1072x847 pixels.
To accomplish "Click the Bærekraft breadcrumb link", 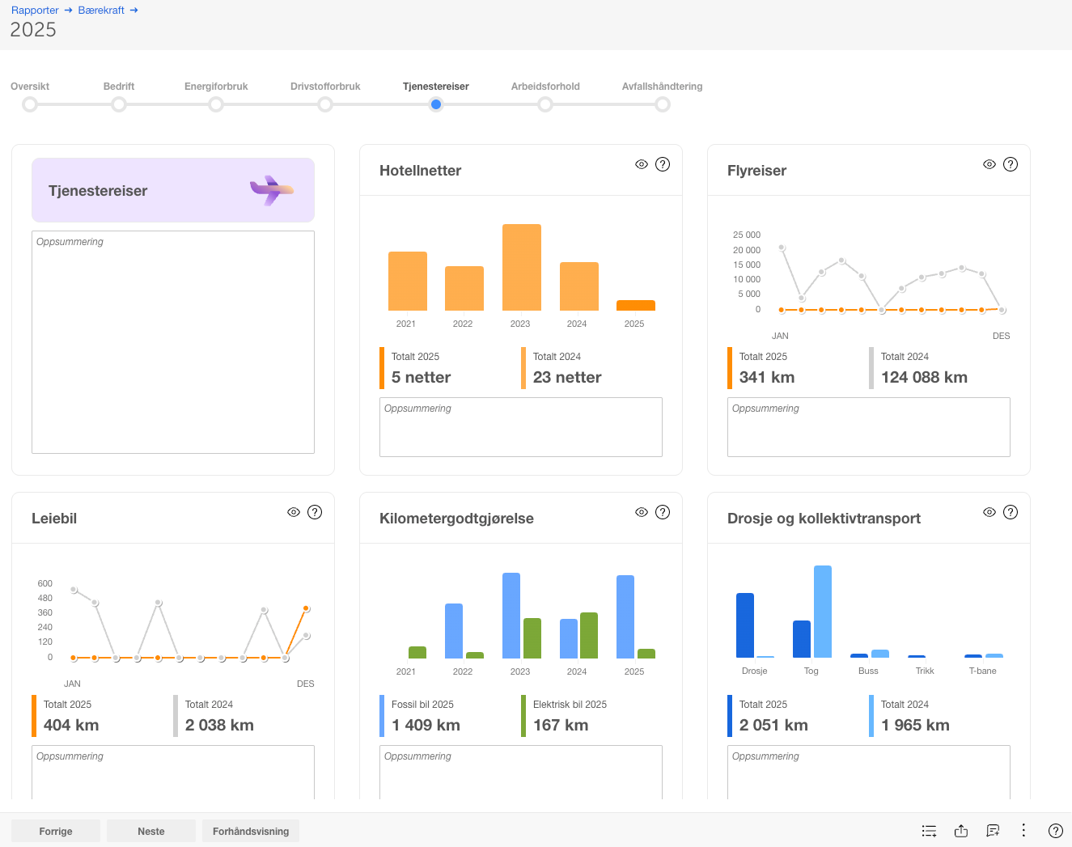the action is click(x=101, y=10).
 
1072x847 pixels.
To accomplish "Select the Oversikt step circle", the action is click(x=30, y=104).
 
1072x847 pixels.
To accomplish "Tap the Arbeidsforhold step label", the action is click(x=545, y=87).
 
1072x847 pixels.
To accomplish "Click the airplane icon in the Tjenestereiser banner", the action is click(x=272, y=190).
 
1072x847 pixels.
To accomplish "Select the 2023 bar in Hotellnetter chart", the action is click(x=522, y=268).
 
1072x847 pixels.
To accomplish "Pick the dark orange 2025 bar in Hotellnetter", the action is click(x=636, y=306).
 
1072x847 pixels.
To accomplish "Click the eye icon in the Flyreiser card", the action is click(x=989, y=164).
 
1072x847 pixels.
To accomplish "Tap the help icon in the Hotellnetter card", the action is click(x=663, y=164).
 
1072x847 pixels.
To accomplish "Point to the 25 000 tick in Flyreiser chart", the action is click(x=746, y=235).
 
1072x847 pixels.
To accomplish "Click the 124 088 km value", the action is click(x=924, y=377).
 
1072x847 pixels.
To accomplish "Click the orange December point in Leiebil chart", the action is click(x=307, y=609).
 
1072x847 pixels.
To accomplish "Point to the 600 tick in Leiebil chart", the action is click(x=44, y=583).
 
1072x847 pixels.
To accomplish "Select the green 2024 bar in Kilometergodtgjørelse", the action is click(x=589, y=635).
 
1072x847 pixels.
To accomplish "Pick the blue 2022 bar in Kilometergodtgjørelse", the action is click(x=454, y=631).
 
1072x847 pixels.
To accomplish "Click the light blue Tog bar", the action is click(x=823, y=612).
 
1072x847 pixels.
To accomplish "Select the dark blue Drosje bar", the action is click(x=744, y=625).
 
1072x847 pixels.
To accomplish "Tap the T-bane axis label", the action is click(x=982, y=671).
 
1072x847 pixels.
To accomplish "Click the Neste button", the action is click(x=151, y=831).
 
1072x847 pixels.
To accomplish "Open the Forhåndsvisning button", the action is click(x=251, y=831).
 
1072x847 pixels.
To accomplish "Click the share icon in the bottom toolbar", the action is click(x=961, y=831).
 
